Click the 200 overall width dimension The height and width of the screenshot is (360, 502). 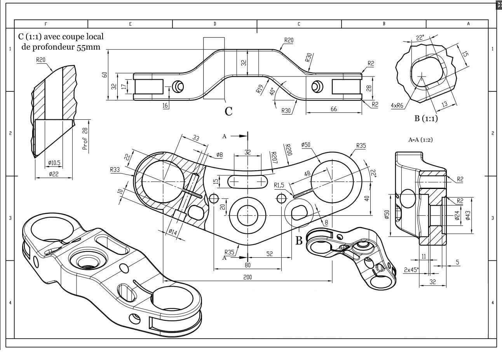pyautogui.click(x=248, y=277)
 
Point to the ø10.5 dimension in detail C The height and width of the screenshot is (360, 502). pyautogui.click(x=54, y=163)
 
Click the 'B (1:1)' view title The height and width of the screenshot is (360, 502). pyautogui.click(x=426, y=119)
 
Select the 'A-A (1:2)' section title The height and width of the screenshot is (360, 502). pyautogui.click(x=420, y=140)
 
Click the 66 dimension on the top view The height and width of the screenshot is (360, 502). pyautogui.click(x=334, y=109)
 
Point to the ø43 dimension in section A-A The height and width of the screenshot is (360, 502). pyautogui.click(x=468, y=215)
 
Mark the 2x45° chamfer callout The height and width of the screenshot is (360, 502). pyautogui.click(x=411, y=269)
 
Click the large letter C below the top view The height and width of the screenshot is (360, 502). pyautogui.click(x=228, y=112)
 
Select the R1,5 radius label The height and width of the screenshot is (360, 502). pyautogui.click(x=279, y=185)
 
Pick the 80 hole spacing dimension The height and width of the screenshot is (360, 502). pyautogui.click(x=248, y=265)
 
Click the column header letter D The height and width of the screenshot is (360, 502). pyautogui.click(x=214, y=24)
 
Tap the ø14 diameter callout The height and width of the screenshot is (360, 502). pyautogui.click(x=173, y=232)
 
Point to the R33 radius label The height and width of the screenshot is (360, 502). pyautogui.click(x=115, y=170)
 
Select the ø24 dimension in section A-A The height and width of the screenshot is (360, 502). pyautogui.click(x=457, y=215)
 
